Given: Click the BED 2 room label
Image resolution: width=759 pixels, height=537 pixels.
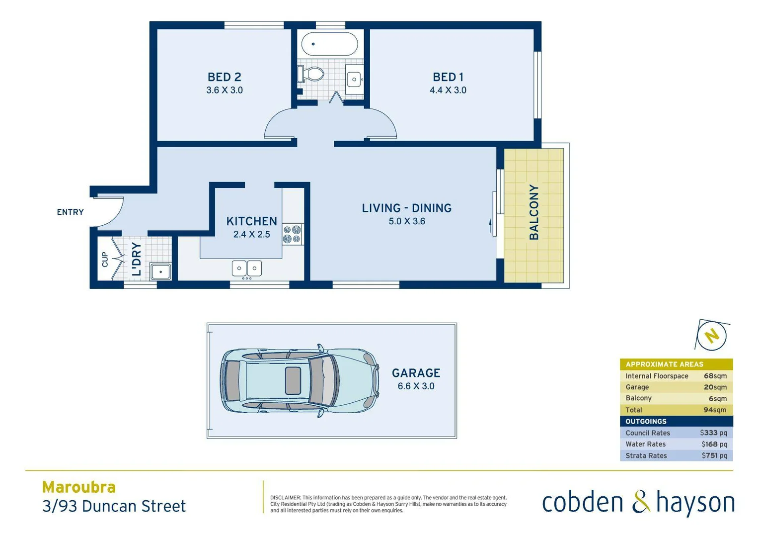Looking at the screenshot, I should click(x=224, y=77).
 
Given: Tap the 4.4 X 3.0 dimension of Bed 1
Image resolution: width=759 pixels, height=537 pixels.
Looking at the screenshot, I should click(x=448, y=90).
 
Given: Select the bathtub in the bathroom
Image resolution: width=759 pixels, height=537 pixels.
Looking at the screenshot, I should click(x=329, y=44).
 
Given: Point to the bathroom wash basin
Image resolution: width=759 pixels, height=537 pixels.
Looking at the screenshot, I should click(x=354, y=79).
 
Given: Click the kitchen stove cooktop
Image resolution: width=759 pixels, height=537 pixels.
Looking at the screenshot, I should click(x=292, y=234).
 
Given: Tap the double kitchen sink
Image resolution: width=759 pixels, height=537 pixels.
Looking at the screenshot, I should click(x=247, y=268).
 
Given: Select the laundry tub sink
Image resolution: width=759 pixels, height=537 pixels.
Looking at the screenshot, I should click(x=160, y=272).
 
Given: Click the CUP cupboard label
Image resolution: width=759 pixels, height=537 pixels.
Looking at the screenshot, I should click(x=105, y=260).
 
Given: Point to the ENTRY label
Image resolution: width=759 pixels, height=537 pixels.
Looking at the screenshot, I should click(x=70, y=212).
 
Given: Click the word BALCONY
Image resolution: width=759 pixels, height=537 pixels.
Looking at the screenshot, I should click(x=534, y=212).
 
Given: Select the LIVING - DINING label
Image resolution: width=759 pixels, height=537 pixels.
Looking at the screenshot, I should click(x=406, y=208).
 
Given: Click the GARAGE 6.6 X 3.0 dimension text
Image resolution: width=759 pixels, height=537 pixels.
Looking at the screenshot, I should click(x=416, y=386).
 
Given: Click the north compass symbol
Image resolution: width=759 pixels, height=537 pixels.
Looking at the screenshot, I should click(x=712, y=336).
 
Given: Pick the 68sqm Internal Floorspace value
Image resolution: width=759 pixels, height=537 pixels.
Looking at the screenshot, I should click(x=715, y=376).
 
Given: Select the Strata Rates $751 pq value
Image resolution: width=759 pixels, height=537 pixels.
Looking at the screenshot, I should click(x=714, y=455).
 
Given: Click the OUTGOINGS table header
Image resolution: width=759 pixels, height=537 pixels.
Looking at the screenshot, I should click(x=646, y=421).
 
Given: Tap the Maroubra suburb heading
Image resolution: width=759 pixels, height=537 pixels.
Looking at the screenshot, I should click(x=79, y=487).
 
